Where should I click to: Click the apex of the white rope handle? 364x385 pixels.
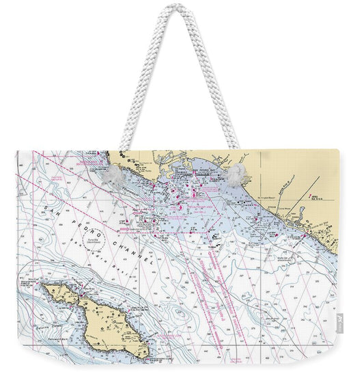tap(179, 7)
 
